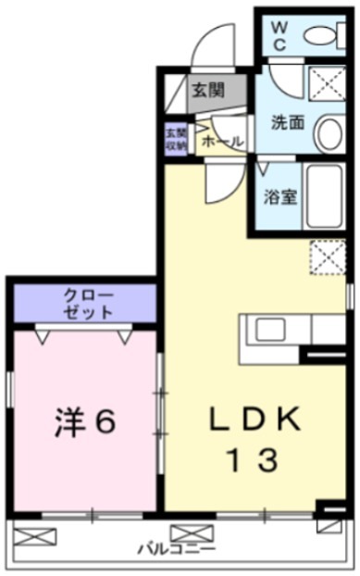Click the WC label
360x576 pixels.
coord(280,34)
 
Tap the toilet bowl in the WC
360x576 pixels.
coord(321,36)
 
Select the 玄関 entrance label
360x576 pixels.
coord(208,90)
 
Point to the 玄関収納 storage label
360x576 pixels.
coord(176,136)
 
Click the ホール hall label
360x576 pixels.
coord(222,141)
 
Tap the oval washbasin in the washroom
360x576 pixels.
coord(329,135)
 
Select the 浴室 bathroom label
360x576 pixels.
coord(279,196)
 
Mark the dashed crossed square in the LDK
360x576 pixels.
coord(327,257)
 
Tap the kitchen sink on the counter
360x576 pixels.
coord(271,330)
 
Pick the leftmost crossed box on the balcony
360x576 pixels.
coord(34,535)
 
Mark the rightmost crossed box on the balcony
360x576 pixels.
coord(329,525)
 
